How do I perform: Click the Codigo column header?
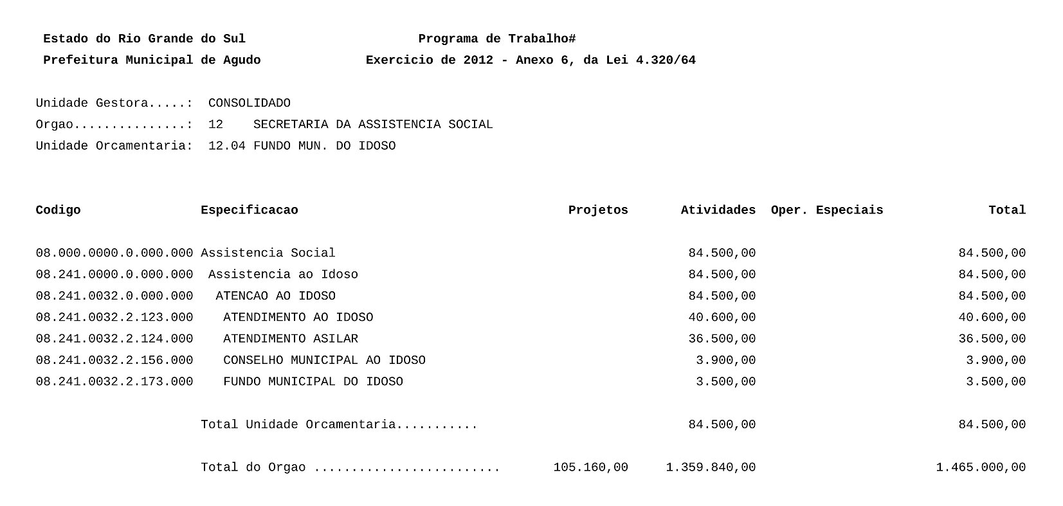tap(58, 210)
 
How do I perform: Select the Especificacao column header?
tap(249, 210)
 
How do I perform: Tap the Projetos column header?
tap(598, 210)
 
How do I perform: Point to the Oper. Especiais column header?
tap(826, 210)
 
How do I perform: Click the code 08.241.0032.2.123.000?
tap(114, 318)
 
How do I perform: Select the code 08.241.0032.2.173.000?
tap(114, 382)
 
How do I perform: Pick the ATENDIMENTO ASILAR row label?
tap(291, 339)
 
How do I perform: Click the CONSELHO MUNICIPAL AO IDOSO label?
tap(324, 360)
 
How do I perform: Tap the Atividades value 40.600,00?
tap(722, 318)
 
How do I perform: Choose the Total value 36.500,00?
tap(992, 339)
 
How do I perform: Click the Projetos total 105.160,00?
tap(590, 467)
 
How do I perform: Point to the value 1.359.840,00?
tap(711, 467)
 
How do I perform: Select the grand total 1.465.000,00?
tap(981, 467)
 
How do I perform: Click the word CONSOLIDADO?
tap(250, 103)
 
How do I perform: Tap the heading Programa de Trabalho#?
tap(496, 39)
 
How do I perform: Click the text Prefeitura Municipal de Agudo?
tap(152, 60)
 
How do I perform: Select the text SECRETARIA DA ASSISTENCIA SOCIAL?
tap(373, 125)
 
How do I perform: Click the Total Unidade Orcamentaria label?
tap(339, 424)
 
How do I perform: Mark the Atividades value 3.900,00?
tap(725, 360)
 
